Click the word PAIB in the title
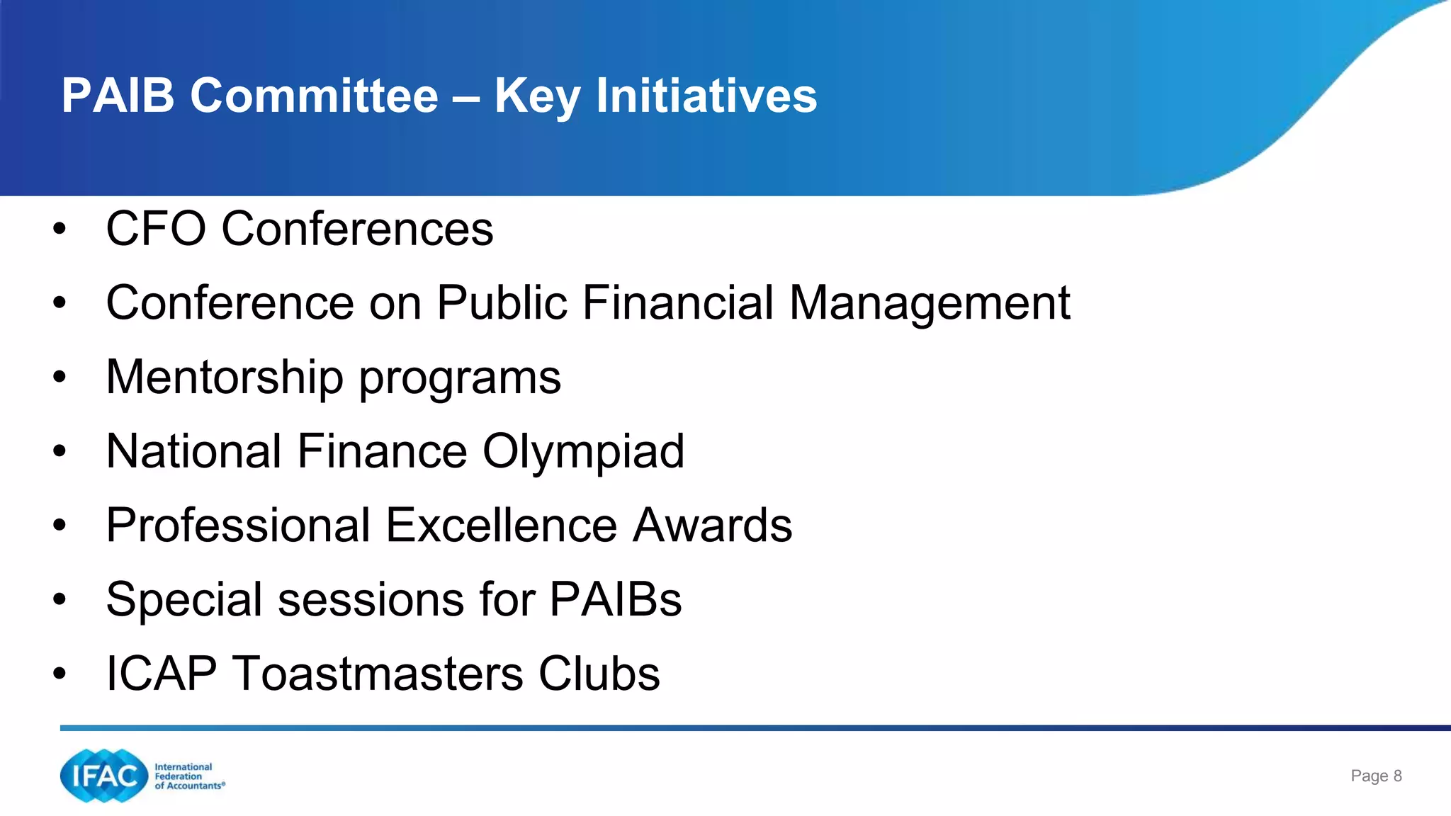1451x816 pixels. click(x=118, y=96)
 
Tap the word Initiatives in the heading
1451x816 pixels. click(x=706, y=96)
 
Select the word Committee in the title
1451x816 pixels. click(x=314, y=96)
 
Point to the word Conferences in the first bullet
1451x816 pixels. click(x=357, y=229)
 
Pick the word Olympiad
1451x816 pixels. click(x=583, y=452)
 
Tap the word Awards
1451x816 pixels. click(x=712, y=526)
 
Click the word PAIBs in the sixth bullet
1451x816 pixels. click(x=615, y=600)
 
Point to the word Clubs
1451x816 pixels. click(x=599, y=674)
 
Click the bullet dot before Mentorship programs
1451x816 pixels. click(x=60, y=377)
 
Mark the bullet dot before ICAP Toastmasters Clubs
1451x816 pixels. click(x=60, y=674)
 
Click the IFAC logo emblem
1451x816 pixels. click(x=103, y=776)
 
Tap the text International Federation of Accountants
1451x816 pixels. click(x=188, y=776)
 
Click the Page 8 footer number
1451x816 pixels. click(x=1376, y=776)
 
